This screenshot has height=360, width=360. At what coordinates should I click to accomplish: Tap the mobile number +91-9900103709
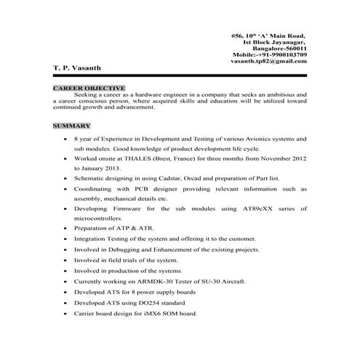point(278,54)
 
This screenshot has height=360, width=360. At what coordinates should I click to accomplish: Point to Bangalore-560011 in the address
point(279,47)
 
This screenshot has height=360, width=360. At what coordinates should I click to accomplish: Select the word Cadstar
point(159,177)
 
